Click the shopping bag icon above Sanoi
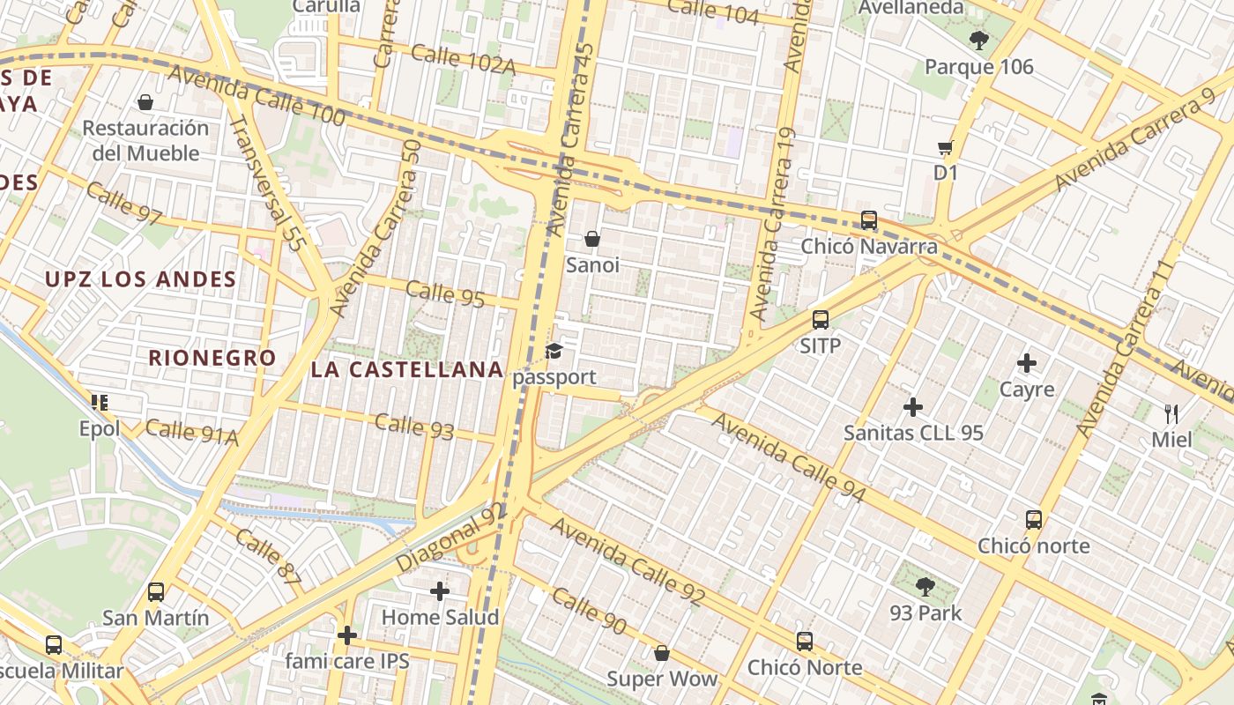(x=592, y=239)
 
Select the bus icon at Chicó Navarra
(x=869, y=220)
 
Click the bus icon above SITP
(x=821, y=320)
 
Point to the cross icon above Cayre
(x=1027, y=362)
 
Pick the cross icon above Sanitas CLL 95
(x=913, y=407)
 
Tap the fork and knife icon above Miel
(x=1171, y=413)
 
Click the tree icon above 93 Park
(x=925, y=586)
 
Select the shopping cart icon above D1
(x=946, y=147)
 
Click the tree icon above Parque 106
(x=978, y=40)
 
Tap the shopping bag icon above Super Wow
(x=662, y=653)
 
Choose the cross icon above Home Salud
(x=440, y=590)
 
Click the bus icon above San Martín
(x=156, y=591)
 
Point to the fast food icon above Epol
(x=100, y=403)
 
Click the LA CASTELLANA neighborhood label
(x=407, y=369)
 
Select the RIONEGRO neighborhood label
(x=212, y=358)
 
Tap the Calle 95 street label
(x=446, y=293)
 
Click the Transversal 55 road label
(x=265, y=184)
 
